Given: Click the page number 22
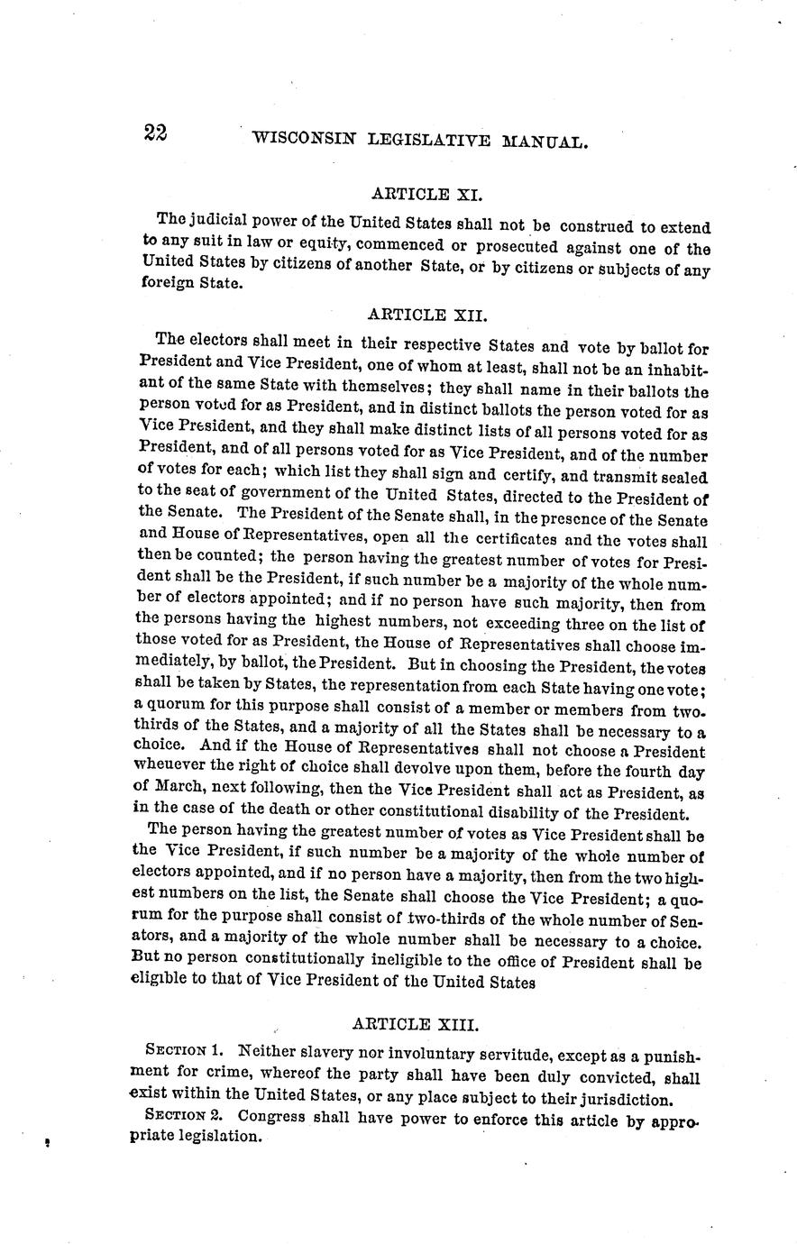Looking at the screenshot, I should click(x=154, y=133).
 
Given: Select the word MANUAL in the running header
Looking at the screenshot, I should click(x=546, y=141).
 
